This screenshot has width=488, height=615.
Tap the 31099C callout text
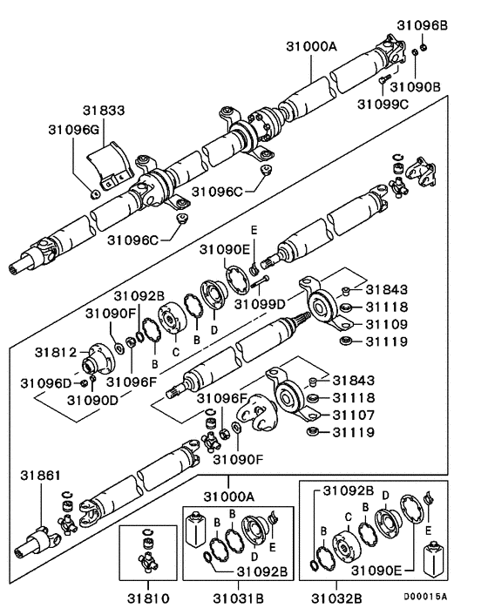click(383, 105)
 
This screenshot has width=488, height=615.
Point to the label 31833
click(104, 111)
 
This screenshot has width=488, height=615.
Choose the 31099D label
click(261, 303)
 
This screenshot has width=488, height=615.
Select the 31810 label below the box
click(147, 599)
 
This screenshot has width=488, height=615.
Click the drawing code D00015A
click(424, 596)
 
